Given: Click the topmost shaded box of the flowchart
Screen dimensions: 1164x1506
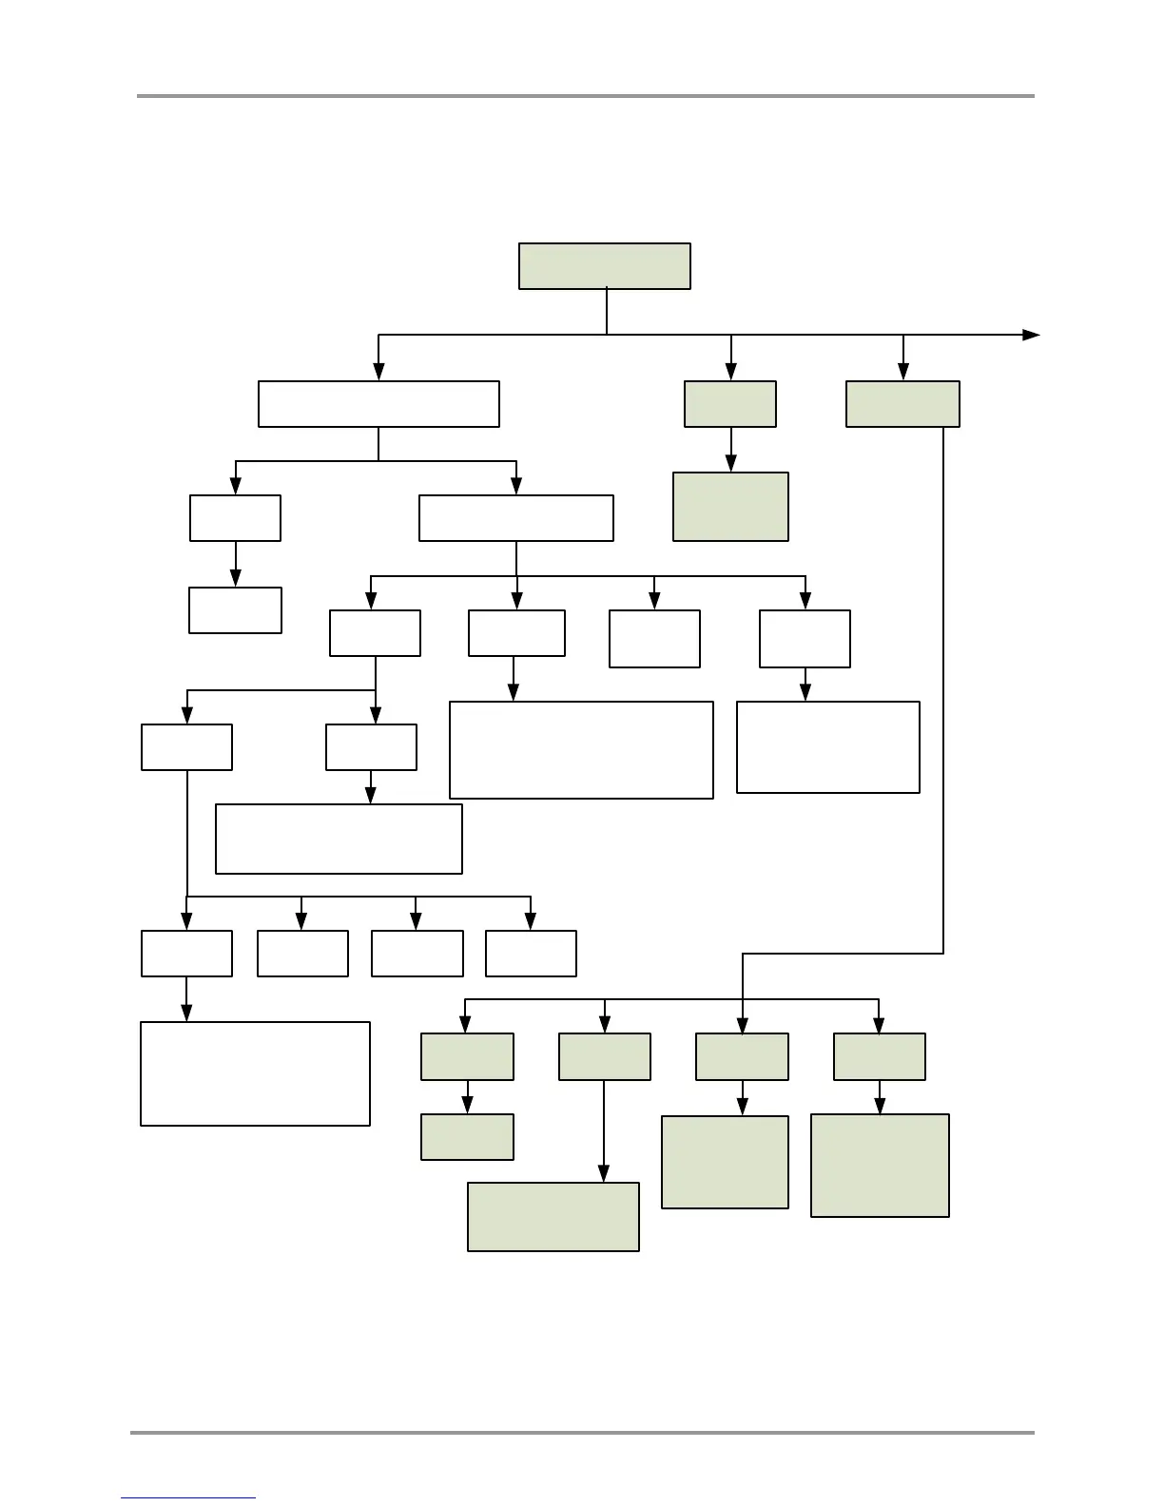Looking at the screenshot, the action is coord(604,266).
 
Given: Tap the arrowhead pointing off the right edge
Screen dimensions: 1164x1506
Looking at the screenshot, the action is coord(1031,335).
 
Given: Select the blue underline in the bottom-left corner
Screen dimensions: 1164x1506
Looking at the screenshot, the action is coord(188,1498).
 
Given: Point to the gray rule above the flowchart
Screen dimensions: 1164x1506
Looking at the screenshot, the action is coord(585,96).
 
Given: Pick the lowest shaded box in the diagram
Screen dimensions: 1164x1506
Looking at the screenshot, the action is coord(553,1217).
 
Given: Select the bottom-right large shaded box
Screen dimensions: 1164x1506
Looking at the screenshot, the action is coord(880,1166).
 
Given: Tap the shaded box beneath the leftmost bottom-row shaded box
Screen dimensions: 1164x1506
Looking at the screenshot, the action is coord(467,1137).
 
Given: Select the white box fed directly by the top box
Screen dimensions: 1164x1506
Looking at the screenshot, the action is coord(378,404).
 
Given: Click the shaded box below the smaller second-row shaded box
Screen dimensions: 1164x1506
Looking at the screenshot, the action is coord(730,507).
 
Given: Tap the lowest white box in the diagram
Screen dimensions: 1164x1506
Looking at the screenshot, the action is coord(255,1073).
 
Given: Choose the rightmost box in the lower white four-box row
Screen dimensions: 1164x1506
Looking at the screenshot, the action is coord(531,954).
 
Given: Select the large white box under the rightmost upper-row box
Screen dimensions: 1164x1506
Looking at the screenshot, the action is coord(827,747).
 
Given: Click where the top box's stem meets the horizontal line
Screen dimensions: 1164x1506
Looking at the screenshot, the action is coord(607,335).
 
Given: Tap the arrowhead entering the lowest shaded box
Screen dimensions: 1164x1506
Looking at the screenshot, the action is coord(604,1175).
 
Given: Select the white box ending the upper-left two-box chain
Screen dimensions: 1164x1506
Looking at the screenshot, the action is coord(235,610).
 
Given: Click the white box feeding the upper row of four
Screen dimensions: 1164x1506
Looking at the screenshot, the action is coord(515,518).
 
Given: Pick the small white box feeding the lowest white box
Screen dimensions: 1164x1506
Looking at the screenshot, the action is coord(186,954).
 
